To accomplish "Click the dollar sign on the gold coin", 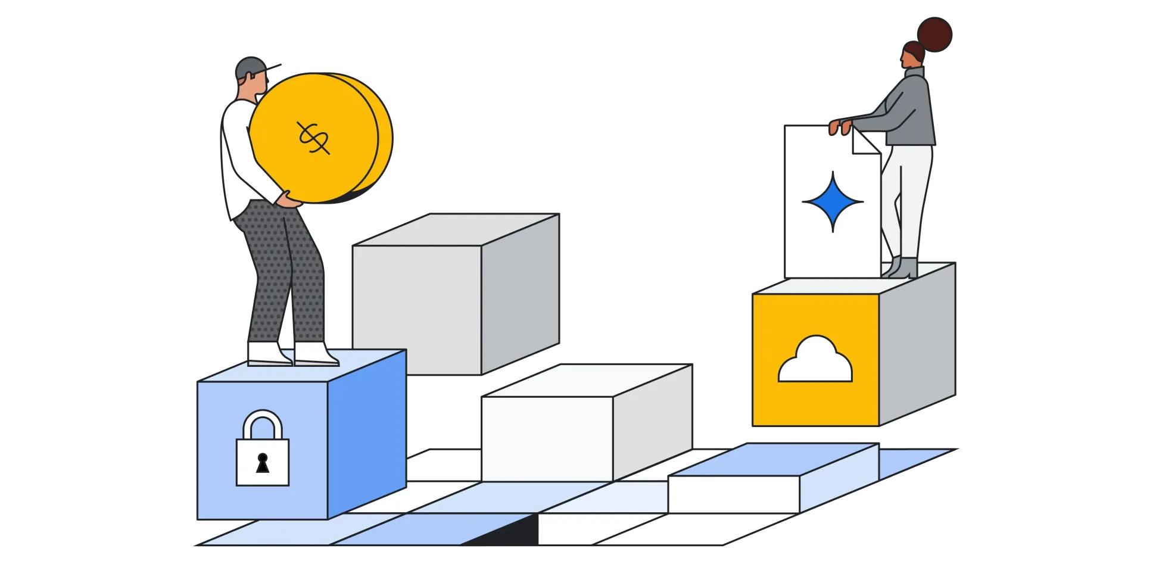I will coord(313,138).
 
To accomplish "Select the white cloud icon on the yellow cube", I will coord(815,361).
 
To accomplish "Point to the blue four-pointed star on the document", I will coord(833,202).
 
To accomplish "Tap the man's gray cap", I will coord(249,67).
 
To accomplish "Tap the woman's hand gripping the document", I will coord(840,127).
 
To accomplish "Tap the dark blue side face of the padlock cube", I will coord(367,432).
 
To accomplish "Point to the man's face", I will coord(257,86).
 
